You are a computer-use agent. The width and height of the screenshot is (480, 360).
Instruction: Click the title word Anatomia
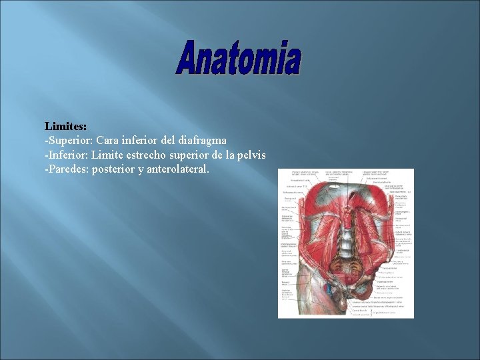pyautogui.click(x=239, y=58)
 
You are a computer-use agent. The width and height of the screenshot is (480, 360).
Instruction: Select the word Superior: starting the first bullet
pyautogui.click(x=70, y=141)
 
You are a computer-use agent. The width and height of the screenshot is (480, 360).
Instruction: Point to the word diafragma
pyautogui.click(x=201, y=141)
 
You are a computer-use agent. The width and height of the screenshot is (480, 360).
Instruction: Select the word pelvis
pyautogui.click(x=251, y=155)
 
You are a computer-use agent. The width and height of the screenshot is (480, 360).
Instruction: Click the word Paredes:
pyautogui.click(x=69, y=170)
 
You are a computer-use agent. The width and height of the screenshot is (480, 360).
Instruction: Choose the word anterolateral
pyautogui.click(x=180, y=170)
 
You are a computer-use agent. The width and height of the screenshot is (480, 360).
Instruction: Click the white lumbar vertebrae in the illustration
pyautogui.click(x=345, y=247)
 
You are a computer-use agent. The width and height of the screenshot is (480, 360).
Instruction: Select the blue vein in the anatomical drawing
pyautogui.click(x=331, y=291)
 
